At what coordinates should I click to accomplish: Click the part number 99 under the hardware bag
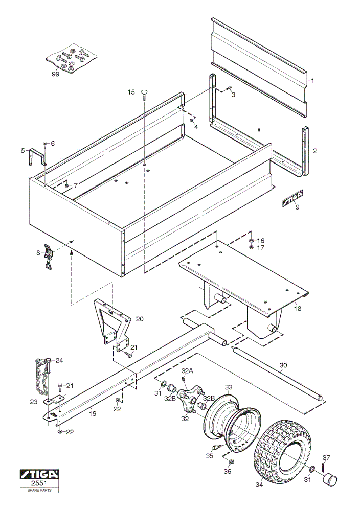tap(55, 74)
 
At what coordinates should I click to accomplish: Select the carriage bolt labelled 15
tap(144, 96)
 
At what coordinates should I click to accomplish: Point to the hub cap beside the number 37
tap(329, 480)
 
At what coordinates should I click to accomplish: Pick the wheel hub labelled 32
tap(190, 398)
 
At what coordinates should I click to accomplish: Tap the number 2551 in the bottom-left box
tap(39, 483)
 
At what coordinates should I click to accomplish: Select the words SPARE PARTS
tap(39, 490)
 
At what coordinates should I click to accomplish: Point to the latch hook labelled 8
tap(49, 257)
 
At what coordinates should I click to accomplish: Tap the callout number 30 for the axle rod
tap(283, 365)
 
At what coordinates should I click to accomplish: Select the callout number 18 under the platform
tap(298, 308)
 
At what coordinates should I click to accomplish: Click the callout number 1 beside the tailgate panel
tap(312, 80)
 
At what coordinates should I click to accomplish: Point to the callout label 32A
tap(187, 370)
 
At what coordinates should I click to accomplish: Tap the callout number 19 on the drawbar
tap(93, 413)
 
